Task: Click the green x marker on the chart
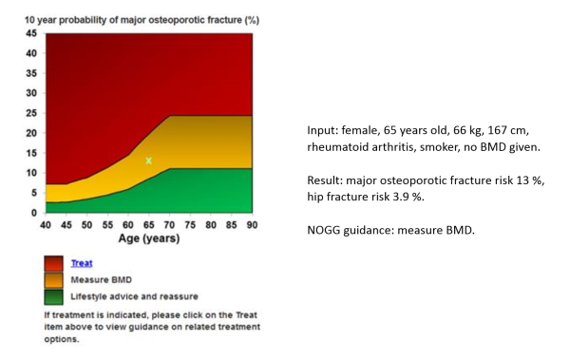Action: [x=148, y=161]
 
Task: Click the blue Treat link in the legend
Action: [x=82, y=263]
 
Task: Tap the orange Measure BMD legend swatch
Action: [x=56, y=281]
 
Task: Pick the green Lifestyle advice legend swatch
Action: [x=56, y=296]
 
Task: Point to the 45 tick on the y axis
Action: [x=31, y=33]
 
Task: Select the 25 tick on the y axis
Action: [x=31, y=113]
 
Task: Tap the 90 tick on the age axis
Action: [x=252, y=225]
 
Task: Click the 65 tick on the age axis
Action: [x=148, y=225]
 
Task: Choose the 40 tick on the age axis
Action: [x=45, y=225]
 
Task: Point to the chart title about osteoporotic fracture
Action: [x=142, y=19]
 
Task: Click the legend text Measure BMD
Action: [x=101, y=280]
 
